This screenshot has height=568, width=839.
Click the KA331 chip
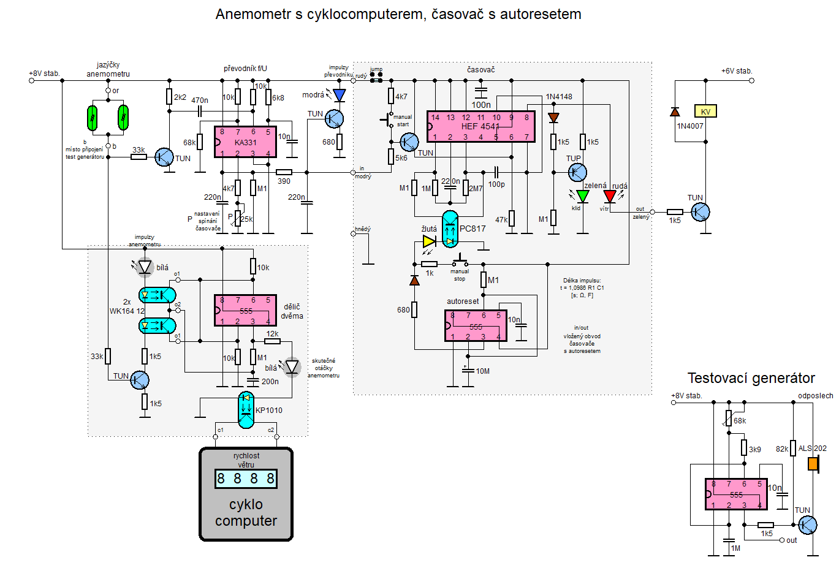click(245, 142)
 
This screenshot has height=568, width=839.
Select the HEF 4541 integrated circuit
click(481, 126)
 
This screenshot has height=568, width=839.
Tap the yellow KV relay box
click(705, 111)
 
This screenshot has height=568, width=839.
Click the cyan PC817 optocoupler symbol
click(450, 229)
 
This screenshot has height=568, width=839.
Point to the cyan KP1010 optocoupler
click(246, 410)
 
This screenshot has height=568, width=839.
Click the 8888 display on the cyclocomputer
click(246, 479)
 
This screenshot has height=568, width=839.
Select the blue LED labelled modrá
click(339, 95)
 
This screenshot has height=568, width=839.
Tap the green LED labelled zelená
click(583, 196)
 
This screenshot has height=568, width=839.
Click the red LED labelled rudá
click(610, 196)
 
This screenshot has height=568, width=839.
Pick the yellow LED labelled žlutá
click(429, 241)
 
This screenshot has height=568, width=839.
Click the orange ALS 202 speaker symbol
click(813, 464)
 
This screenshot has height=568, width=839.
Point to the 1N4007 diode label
click(690, 126)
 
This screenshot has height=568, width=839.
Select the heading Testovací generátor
click(751, 378)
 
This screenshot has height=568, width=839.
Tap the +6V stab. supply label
click(736, 71)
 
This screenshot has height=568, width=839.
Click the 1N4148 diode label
click(559, 97)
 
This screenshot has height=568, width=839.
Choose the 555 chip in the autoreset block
click(476, 326)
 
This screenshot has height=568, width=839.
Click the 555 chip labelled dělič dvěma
click(245, 310)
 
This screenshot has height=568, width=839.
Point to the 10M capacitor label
click(482, 371)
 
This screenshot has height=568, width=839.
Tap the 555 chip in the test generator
click(736, 494)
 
